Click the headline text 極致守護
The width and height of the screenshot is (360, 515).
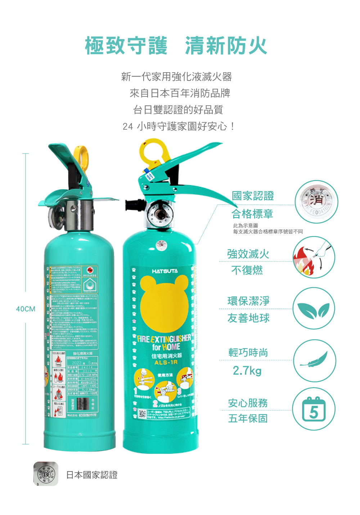126,46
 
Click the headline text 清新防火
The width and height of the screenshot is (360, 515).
226,46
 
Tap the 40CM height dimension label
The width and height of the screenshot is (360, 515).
26,309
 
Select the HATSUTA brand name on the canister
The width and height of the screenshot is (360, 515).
165,271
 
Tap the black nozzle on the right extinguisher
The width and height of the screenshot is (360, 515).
131,205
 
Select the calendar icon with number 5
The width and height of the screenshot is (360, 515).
314,410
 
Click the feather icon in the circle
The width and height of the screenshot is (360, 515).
314,360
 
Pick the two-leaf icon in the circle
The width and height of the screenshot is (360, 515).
314,309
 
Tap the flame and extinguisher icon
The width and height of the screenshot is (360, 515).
314,257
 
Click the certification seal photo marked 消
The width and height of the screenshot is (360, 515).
316,202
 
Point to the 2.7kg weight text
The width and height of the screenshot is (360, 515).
247,370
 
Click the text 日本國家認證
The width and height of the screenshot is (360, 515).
92,475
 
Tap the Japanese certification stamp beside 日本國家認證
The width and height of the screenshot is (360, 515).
46,474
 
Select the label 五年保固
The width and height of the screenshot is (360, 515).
248,419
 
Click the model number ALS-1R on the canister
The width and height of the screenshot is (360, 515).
166,362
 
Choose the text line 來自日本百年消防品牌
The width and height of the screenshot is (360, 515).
180,93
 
